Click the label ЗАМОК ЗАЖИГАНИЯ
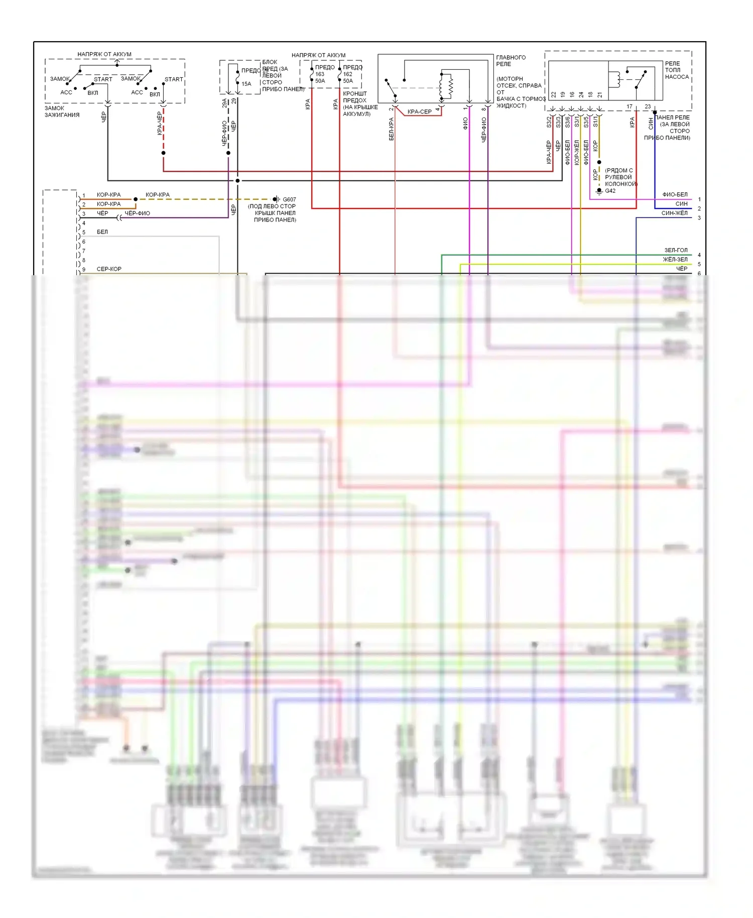[62, 111]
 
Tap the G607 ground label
[289, 199]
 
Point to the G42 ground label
[610, 191]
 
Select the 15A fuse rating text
[246, 84]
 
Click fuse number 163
[320, 74]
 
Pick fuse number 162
[347, 74]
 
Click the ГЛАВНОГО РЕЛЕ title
[511, 61]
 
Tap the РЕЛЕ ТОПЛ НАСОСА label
[677, 70]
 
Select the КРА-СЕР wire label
[419, 111]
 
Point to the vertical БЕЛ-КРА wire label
[391, 129]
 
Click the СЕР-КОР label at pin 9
[109, 269]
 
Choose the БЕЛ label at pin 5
[102, 232]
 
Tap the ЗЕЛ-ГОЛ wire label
[676, 250]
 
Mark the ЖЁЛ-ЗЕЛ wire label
[675, 260]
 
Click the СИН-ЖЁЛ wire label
[674, 213]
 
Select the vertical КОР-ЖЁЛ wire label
[577, 152]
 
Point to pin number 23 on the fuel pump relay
[648, 106]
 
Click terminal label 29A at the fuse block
[224, 103]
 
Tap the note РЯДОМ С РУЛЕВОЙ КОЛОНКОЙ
[620, 177]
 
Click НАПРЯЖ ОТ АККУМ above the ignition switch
[104, 54]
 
